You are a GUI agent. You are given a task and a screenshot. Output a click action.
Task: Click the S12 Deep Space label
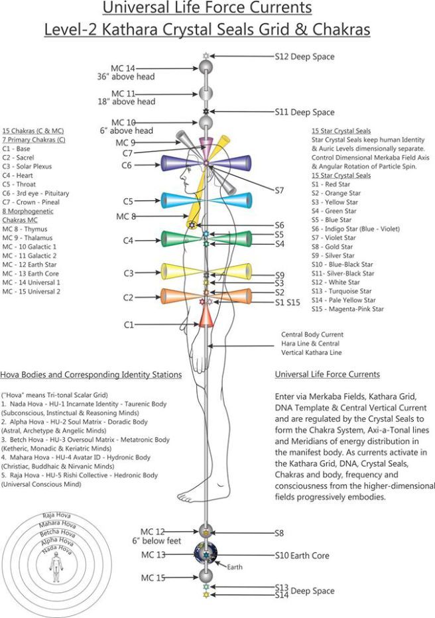coord(304,57)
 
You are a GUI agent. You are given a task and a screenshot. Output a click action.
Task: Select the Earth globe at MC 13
coord(206,554)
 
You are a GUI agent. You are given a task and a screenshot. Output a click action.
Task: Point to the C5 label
coord(129,201)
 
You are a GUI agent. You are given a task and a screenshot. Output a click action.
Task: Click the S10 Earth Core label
coord(302,555)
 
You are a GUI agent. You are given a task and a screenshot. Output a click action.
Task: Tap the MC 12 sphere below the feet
coord(206,531)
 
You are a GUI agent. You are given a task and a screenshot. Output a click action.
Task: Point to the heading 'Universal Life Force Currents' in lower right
coord(327,375)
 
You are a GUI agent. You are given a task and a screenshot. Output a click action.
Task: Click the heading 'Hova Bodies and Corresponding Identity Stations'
coord(92,375)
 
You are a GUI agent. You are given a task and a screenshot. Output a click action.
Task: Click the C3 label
coord(129,273)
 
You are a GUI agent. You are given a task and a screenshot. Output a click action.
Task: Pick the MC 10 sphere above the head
coord(206,122)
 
